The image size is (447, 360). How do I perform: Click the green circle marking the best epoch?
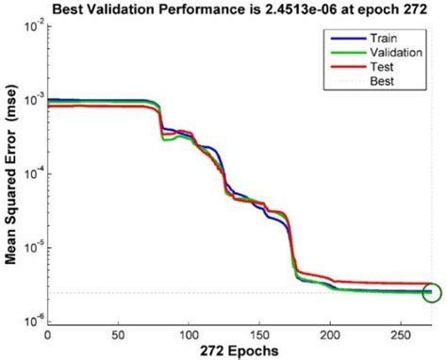click(x=433, y=293)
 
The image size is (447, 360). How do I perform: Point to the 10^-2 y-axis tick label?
click(x=29, y=27)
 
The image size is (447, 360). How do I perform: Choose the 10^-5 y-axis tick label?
click(x=29, y=248)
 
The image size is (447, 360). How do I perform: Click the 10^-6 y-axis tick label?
click(x=29, y=321)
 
